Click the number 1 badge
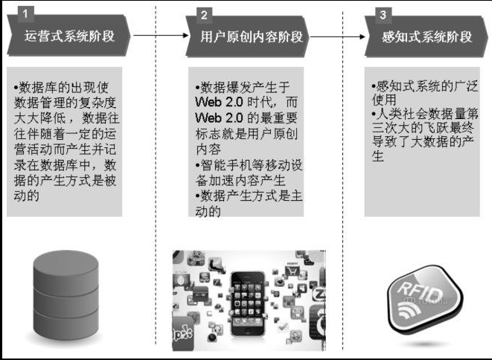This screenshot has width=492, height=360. (x=25, y=14)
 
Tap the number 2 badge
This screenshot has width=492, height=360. (x=205, y=14)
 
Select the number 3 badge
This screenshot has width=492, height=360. (x=383, y=14)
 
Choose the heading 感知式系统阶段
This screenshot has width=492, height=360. (x=426, y=35)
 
